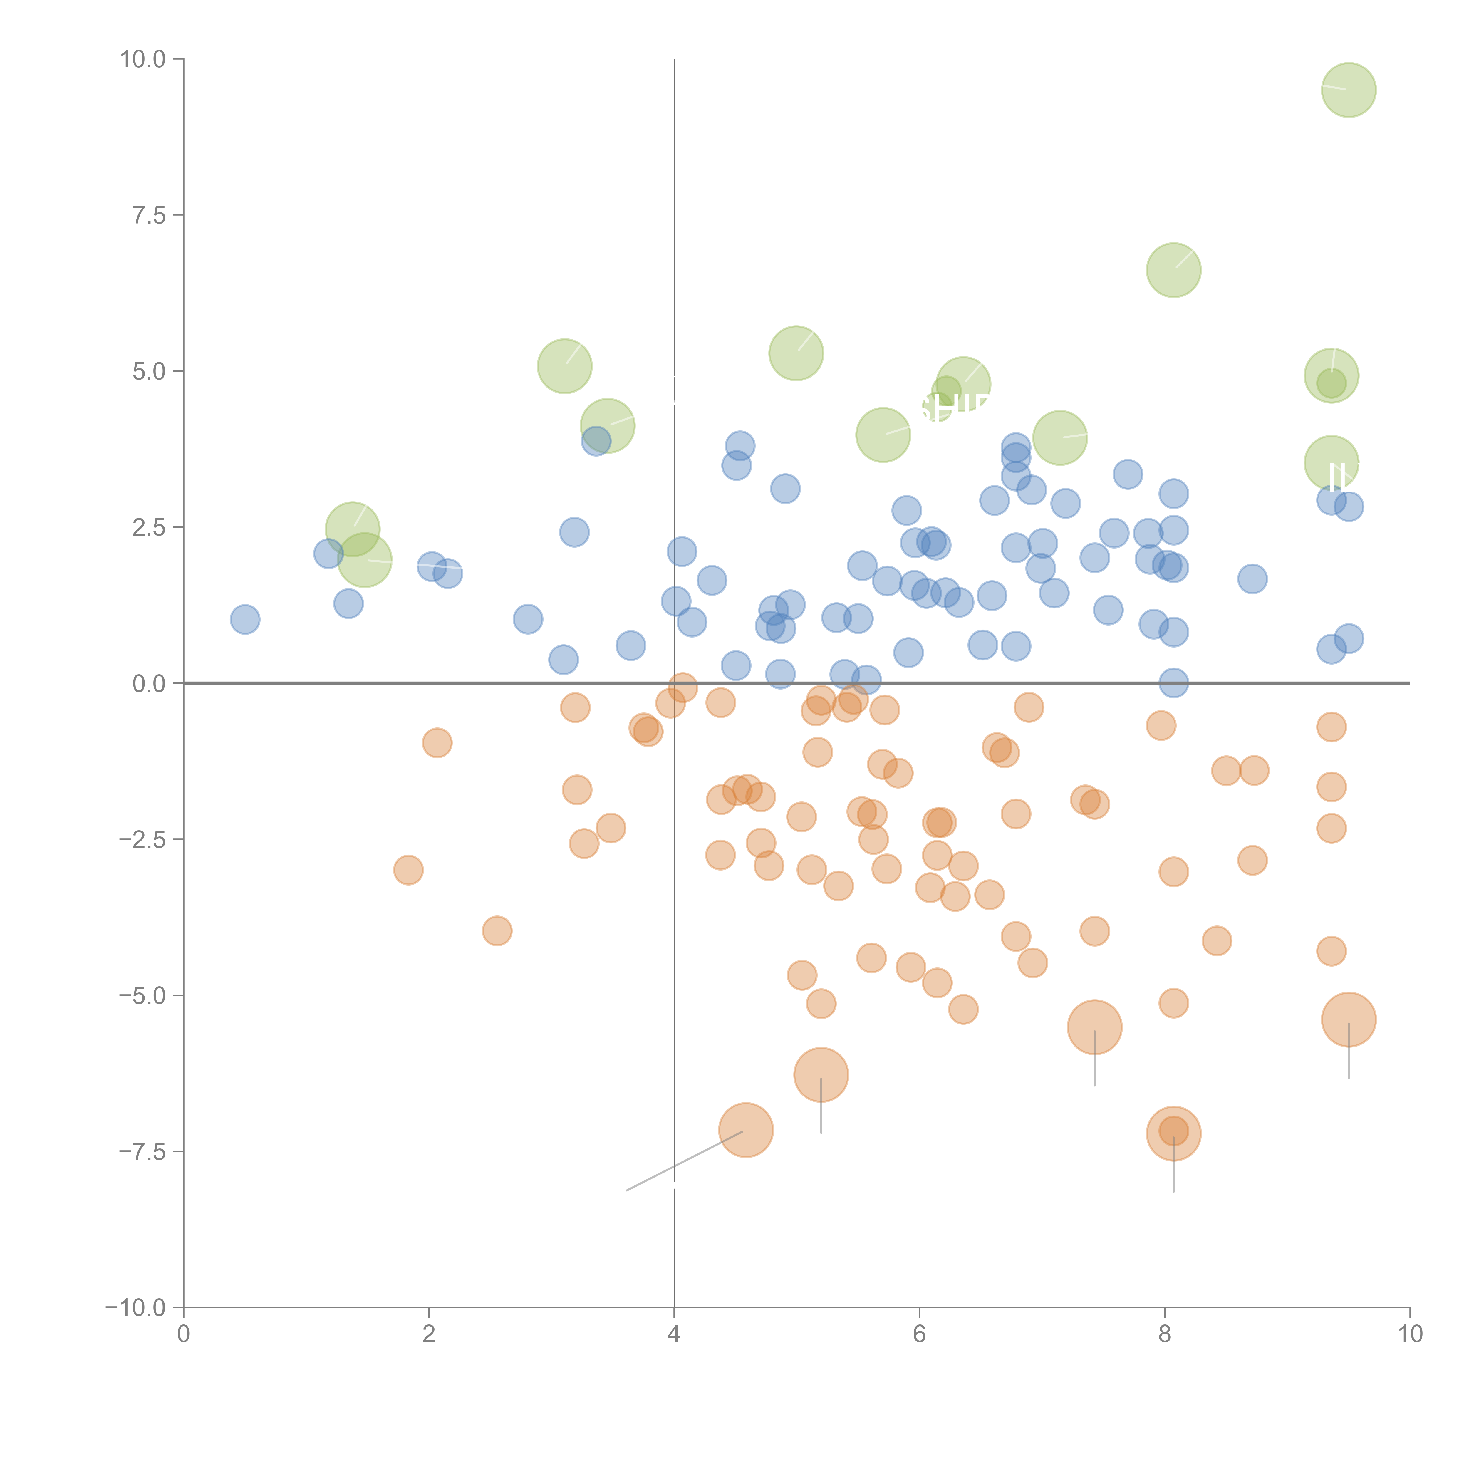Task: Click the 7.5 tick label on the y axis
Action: [x=148, y=215]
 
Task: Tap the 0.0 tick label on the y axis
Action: [x=148, y=684]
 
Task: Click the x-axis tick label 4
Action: [x=674, y=1334]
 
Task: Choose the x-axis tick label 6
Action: [x=919, y=1334]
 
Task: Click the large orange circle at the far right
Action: [x=1348, y=1019]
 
